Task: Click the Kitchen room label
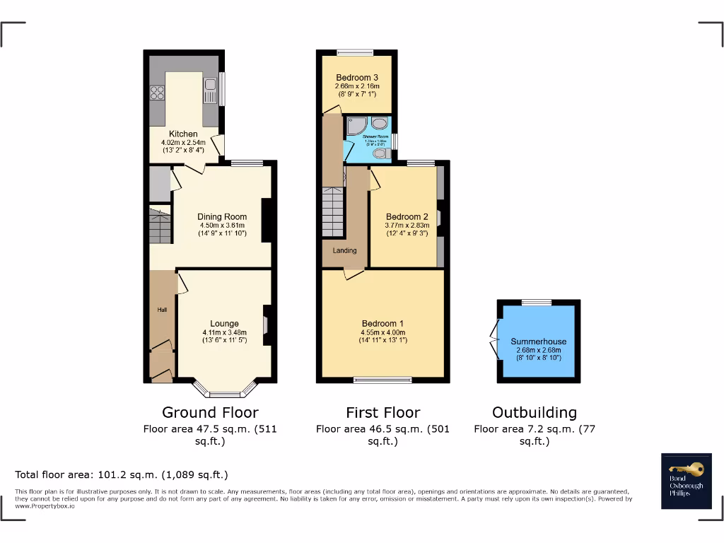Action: pyautogui.click(x=182, y=134)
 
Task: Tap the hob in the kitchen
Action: pyautogui.click(x=157, y=93)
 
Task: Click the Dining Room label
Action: pyautogui.click(x=222, y=217)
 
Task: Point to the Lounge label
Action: pyautogui.click(x=224, y=324)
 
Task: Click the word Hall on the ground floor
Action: pyautogui.click(x=162, y=310)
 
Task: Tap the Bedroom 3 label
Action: pyautogui.click(x=356, y=78)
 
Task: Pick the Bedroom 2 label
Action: pyautogui.click(x=407, y=217)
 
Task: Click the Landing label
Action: pyautogui.click(x=345, y=250)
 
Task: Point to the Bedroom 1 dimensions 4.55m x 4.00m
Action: pyautogui.click(x=383, y=332)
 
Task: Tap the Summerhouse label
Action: pyautogui.click(x=538, y=341)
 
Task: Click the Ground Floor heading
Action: pyautogui.click(x=210, y=412)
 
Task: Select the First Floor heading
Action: pyautogui.click(x=383, y=412)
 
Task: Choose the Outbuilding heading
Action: pyautogui.click(x=534, y=412)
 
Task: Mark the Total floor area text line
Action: pyautogui.click(x=122, y=474)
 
